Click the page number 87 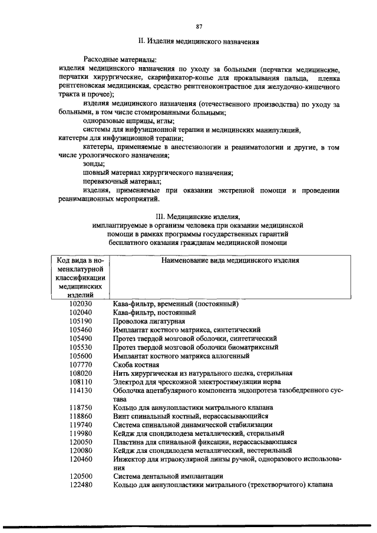[199, 26]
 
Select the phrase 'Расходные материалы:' [120, 60]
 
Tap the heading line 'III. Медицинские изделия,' [198, 216]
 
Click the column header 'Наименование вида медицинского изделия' [230, 260]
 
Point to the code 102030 [81, 304]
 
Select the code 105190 [81, 322]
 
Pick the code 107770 [81, 365]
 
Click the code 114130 [81, 390]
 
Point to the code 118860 [81, 416]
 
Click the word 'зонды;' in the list [94, 164]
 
